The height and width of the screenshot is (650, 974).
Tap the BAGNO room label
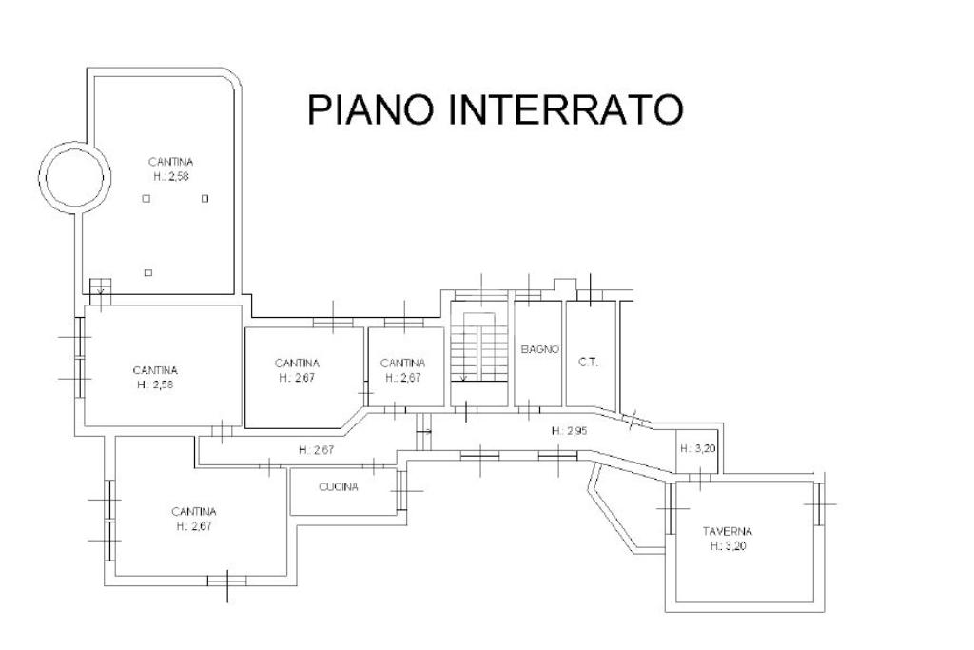539,349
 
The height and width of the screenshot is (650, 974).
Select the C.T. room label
587,362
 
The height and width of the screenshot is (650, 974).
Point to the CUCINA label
339,488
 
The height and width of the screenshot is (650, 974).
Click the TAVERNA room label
728,531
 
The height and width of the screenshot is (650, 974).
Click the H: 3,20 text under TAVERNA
728,546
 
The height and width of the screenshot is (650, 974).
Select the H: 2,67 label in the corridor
315,450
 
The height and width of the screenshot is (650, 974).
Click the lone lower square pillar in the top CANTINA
147,273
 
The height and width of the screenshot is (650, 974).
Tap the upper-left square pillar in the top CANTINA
145,199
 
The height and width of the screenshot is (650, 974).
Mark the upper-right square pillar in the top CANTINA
205,199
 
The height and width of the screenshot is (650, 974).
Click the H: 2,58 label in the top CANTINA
171,177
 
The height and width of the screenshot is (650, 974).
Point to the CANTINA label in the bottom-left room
193,511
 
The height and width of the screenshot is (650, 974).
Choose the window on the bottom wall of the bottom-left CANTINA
227,578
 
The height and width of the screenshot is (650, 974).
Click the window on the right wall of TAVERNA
817,503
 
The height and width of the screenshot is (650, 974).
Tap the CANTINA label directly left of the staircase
402,363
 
